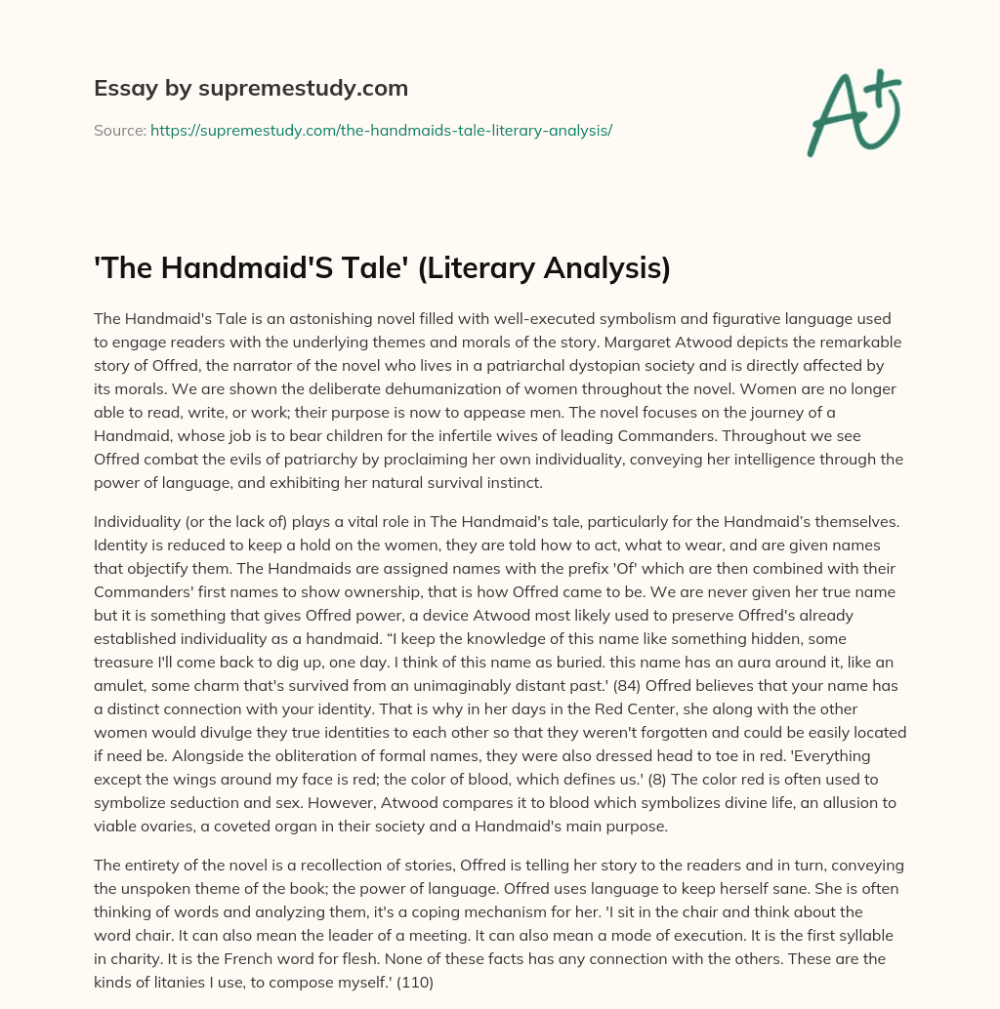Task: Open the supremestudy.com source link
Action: coord(381,130)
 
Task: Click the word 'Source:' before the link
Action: coord(119,130)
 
